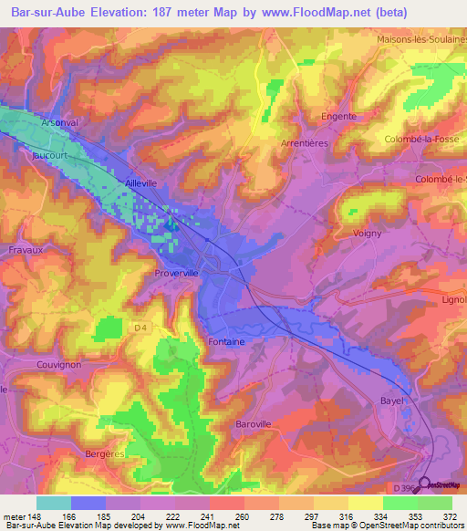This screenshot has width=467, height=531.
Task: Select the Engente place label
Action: click(x=337, y=117)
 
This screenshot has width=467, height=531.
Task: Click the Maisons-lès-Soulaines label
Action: click(x=420, y=40)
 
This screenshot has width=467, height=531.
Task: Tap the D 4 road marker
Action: click(x=140, y=327)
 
